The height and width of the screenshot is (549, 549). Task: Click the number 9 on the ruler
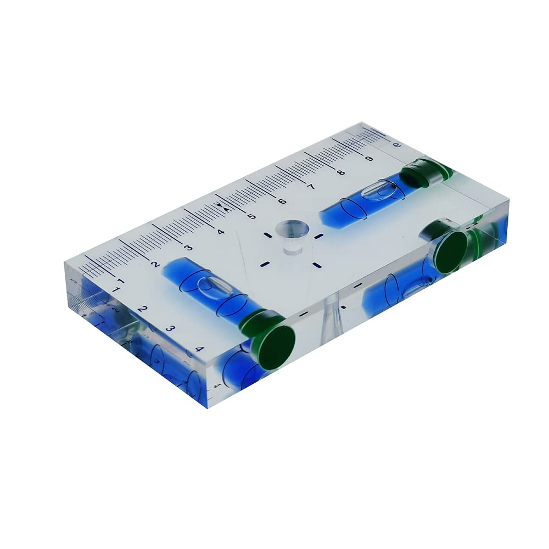point(369,159)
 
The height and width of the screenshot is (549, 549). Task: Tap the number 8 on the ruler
point(341,173)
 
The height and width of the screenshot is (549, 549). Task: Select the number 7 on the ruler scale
point(311,187)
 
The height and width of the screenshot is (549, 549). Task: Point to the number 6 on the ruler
point(282,201)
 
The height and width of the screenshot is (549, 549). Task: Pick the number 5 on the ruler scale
point(252,216)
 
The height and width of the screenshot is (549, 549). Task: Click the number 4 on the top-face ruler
point(221,232)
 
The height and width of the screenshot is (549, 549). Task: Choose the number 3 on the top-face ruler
point(188,248)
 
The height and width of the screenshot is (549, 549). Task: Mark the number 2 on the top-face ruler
point(155,264)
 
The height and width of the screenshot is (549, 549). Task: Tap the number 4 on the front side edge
point(199,349)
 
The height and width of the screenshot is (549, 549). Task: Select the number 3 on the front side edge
point(170,329)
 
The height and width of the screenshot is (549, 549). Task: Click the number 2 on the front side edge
point(142,309)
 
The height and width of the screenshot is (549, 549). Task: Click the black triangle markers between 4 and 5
point(221,206)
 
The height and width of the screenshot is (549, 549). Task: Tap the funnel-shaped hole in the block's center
point(292,233)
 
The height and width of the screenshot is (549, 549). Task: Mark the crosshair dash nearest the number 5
point(267,235)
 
